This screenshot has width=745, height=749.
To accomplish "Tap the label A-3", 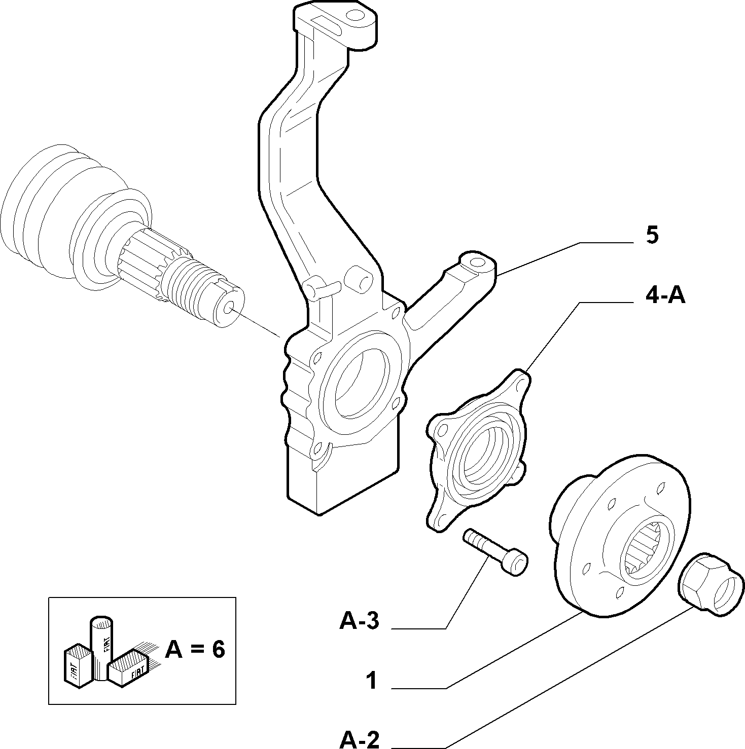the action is (360, 620).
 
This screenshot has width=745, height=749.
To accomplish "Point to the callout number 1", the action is (373, 681).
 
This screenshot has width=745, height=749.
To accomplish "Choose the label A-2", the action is (360, 739).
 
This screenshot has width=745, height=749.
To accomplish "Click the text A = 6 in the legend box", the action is (195, 649).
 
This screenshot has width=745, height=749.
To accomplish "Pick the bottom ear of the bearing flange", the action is (439, 517).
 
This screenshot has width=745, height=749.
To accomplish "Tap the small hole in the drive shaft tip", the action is (228, 308).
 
